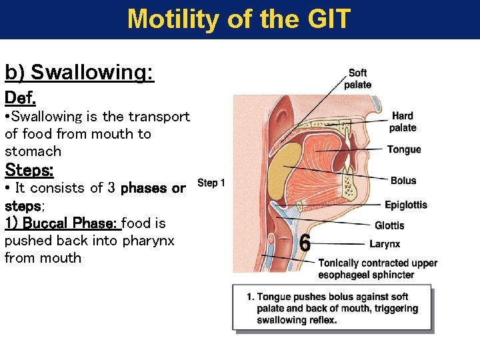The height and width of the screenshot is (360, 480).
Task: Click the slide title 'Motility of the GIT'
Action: pyautogui.click(x=239, y=19)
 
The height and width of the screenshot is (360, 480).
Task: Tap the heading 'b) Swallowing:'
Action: pyautogui.click(x=79, y=72)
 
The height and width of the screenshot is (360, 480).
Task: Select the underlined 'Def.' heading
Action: pyautogui.click(x=20, y=98)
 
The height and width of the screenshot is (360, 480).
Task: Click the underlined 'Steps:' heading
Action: pyautogui.click(x=29, y=169)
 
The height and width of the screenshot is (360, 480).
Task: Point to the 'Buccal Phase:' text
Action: pyautogui.click(x=71, y=223)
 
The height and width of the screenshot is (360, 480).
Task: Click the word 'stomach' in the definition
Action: pyautogui.click(x=33, y=151)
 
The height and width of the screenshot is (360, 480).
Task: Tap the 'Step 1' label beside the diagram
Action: pyautogui.click(x=211, y=183)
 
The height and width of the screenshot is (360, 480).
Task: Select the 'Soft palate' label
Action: pyautogui.click(x=358, y=79)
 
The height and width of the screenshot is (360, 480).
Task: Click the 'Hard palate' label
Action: pyautogui.click(x=403, y=121)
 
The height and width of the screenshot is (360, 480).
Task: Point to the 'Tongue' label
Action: pyautogui.click(x=404, y=149)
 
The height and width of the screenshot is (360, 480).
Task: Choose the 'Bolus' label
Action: pyautogui.click(x=403, y=181)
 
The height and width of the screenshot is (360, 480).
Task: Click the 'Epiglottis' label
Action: pyautogui.click(x=406, y=205)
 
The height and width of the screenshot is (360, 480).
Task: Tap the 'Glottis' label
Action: pyautogui.click(x=389, y=225)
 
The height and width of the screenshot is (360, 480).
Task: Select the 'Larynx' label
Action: pyautogui.click(x=385, y=244)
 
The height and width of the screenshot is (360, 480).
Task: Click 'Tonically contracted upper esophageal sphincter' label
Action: pyautogui.click(x=378, y=269)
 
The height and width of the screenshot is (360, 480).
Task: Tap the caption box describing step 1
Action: pyautogui.click(x=332, y=308)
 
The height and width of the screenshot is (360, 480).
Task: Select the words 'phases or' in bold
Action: pyautogui.click(x=153, y=188)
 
